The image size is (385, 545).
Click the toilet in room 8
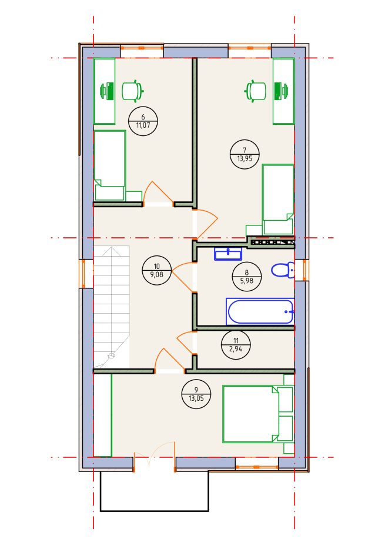click(283, 270)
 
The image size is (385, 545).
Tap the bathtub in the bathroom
click(260, 311)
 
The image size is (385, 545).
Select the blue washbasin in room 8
click(227, 254)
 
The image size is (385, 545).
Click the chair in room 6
click(132, 91)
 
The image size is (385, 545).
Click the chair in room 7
click(256, 91)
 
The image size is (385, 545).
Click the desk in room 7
click(283, 91)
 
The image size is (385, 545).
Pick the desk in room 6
click(104, 91)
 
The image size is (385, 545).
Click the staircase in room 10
click(111, 306)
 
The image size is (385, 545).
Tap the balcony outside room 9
click(154, 491)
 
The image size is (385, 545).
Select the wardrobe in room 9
click(103, 414)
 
